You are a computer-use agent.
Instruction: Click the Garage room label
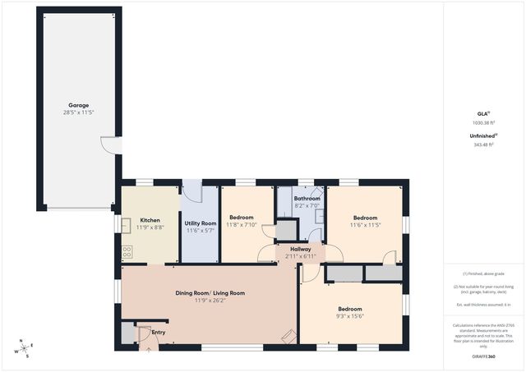point(79,104)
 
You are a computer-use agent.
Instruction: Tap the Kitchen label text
point(150,220)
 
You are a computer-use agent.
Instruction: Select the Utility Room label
point(200,223)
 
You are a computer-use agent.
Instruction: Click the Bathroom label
point(307,198)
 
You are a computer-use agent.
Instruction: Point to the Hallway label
point(299,249)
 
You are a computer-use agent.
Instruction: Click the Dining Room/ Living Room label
point(210,292)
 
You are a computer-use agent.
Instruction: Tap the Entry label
point(159,333)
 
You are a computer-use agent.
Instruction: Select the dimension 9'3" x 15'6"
point(350,316)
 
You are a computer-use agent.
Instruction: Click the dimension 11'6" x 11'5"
point(365,224)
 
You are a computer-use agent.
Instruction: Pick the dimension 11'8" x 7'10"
point(241,224)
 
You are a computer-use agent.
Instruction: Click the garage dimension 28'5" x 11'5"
point(79,112)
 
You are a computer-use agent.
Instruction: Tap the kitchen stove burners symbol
point(126,252)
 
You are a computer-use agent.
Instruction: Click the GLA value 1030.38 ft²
point(482,122)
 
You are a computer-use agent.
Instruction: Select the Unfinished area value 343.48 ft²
point(482,145)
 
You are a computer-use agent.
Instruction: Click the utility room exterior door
point(191,191)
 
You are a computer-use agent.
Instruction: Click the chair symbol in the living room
point(288,335)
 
